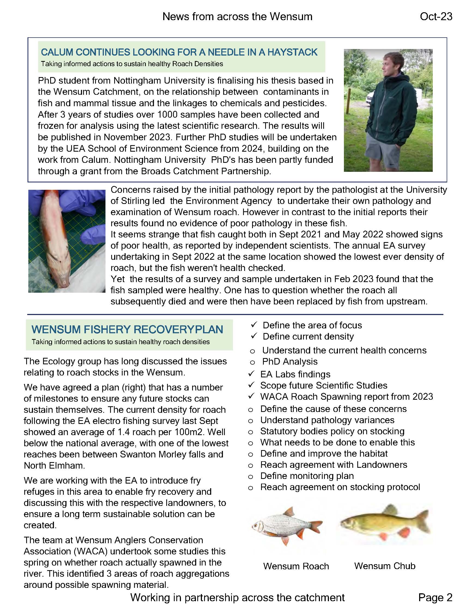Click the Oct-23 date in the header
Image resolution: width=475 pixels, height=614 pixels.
tap(436, 17)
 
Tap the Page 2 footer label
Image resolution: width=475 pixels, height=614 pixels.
tap(435, 597)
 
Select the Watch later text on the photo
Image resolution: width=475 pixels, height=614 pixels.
tap(417, 54)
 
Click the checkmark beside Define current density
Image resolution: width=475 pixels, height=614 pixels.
tap(254, 336)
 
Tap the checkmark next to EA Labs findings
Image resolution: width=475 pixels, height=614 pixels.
tap(251, 374)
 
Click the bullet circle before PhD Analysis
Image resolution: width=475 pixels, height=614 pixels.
tap(252, 363)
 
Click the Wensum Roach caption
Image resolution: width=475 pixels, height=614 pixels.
tap(296, 566)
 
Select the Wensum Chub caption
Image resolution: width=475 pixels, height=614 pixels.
tap(385, 566)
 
